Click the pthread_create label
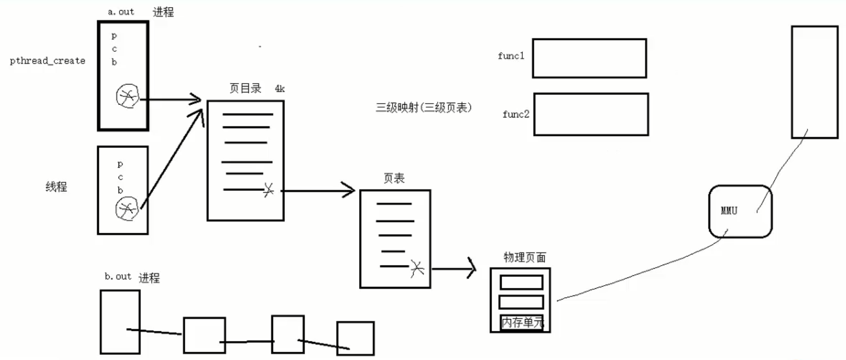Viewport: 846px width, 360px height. tap(47, 61)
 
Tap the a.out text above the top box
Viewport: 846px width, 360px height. tap(121, 11)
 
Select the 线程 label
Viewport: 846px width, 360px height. tap(56, 187)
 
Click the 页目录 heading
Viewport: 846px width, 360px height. tap(245, 88)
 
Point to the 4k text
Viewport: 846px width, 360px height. tap(280, 89)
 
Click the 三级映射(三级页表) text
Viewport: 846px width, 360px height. tap(423, 107)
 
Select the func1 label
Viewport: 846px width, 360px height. tap(510, 56)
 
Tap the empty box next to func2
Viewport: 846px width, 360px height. tap(591, 114)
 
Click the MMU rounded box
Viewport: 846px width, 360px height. tap(740, 211)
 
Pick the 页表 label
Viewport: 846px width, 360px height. tap(394, 178)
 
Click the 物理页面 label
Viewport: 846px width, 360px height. tap(524, 257)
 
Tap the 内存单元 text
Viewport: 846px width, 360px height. tap(522, 323)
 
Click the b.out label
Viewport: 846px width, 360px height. tap(118, 276)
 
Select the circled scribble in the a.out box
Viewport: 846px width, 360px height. tap(128, 96)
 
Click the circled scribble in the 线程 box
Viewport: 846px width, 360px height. tap(127, 209)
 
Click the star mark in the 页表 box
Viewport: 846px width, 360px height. tap(417, 268)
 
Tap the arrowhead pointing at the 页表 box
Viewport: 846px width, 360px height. tap(350, 191)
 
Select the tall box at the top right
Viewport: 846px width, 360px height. tap(814, 82)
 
